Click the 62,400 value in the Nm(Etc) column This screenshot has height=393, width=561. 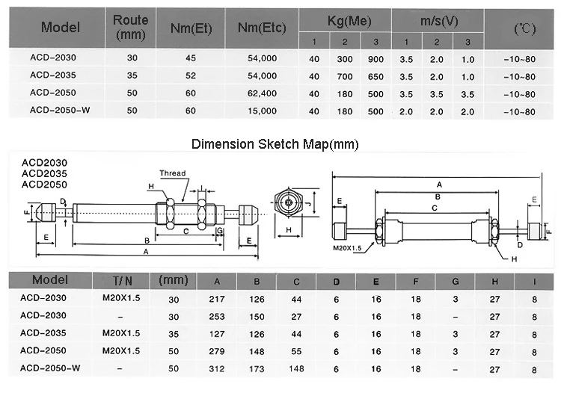click(262, 93)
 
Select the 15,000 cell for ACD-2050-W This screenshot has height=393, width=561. click(262, 111)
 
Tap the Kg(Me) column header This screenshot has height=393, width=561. click(349, 21)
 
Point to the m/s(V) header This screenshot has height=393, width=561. click(439, 21)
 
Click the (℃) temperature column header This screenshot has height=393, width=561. click(525, 28)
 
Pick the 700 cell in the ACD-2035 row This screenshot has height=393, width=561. click(345, 76)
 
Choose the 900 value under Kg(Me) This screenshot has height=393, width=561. click(375, 59)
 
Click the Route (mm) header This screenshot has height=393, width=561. click(131, 28)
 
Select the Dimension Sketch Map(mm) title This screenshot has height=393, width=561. click(275, 144)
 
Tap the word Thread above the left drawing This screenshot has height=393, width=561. click(173, 173)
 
